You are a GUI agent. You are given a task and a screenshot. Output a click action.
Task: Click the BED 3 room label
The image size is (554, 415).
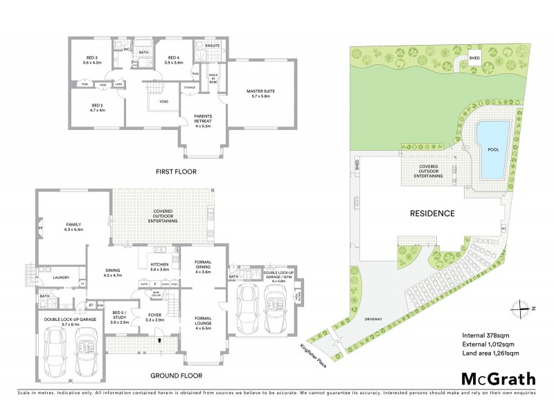coord(93,59)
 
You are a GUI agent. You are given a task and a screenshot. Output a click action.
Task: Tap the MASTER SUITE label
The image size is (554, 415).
coord(261,93)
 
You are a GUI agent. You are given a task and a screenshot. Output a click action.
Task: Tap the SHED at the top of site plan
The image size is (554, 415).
coord(475,58)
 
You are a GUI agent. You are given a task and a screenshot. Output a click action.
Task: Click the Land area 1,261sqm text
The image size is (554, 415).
coord(490,353)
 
